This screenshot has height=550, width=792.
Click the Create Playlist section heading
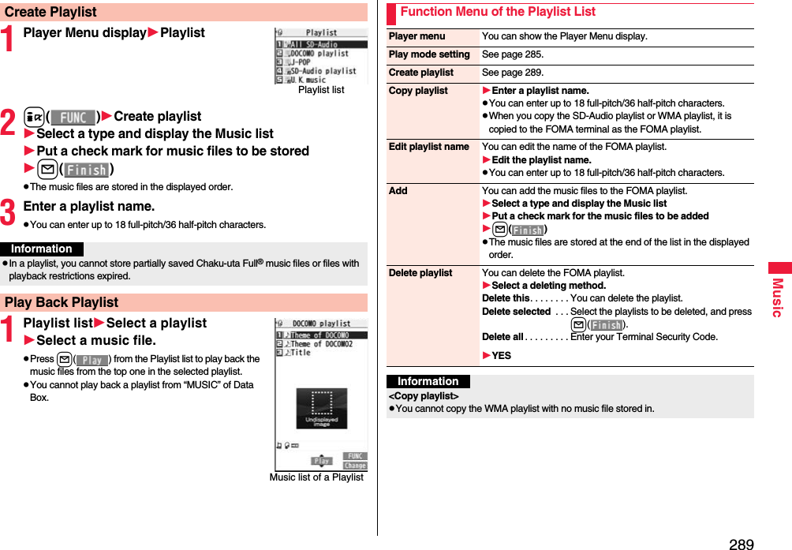point(51,12)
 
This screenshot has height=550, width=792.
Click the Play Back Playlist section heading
point(62,302)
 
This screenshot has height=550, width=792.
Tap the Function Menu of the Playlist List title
point(497,12)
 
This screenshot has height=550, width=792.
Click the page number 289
point(741,544)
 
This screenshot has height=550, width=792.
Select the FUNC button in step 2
point(73,117)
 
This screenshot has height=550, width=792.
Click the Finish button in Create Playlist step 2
point(87,169)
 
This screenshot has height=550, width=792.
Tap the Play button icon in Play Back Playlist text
point(92,360)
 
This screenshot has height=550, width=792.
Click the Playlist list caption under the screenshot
point(321,90)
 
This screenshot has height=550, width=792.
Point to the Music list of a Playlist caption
point(316,477)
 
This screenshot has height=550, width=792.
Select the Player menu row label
point(417,36)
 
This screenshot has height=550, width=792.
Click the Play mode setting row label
point(429,54)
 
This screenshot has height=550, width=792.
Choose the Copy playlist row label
point(418,91)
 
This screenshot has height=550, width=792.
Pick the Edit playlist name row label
point(428,147)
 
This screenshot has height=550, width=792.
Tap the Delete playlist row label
point(420,273)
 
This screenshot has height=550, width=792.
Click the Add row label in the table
point(398,191)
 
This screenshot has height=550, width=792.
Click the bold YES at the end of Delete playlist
point(501,356)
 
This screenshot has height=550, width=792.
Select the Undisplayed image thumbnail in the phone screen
point(321,408)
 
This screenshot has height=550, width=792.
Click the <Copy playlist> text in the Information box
point(424,395)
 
